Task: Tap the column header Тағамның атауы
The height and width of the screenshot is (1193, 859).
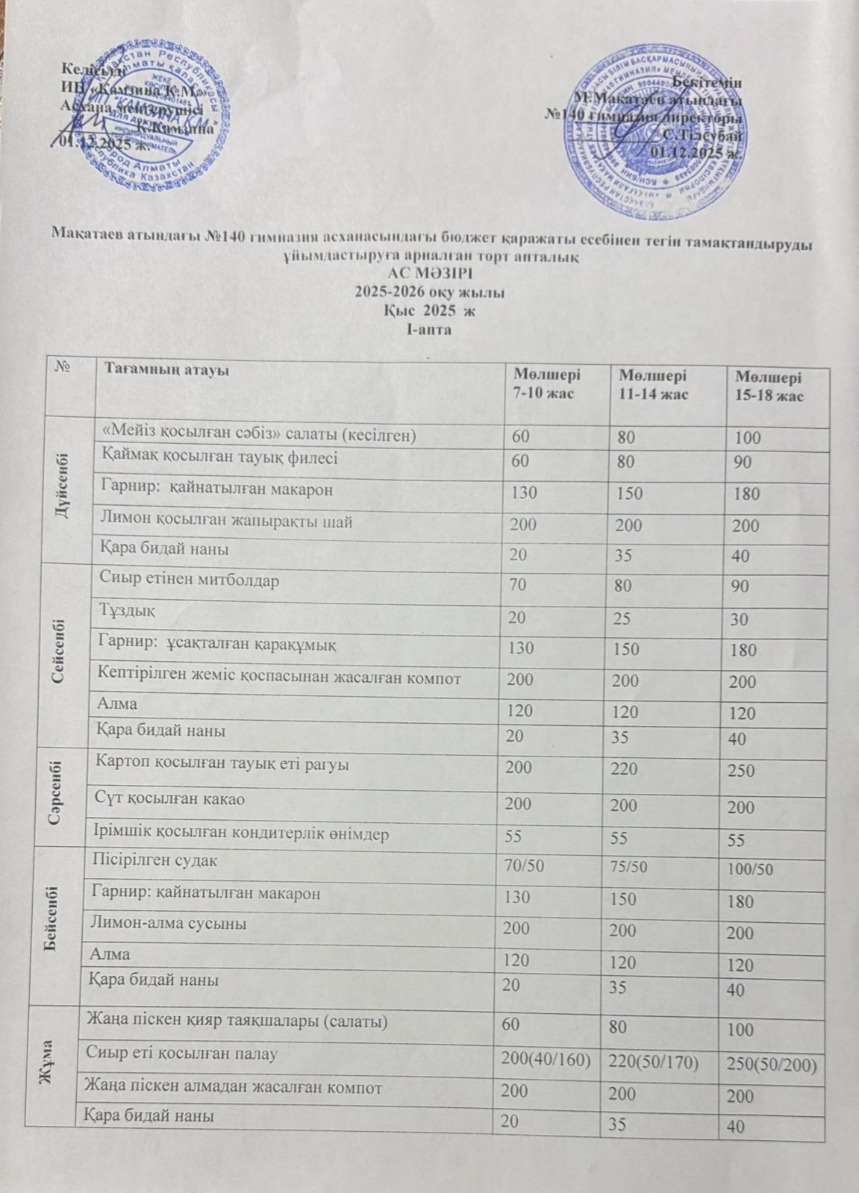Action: pos(166,369)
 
